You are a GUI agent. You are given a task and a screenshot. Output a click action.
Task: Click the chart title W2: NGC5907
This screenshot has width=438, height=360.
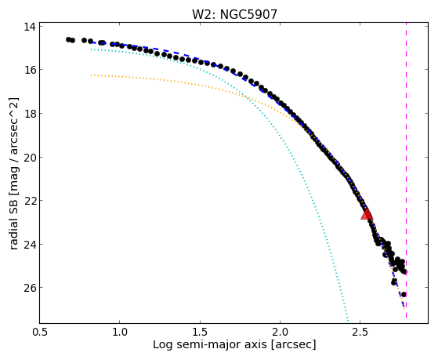[234, 15]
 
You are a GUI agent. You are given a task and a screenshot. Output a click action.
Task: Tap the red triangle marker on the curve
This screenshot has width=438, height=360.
[367, 213]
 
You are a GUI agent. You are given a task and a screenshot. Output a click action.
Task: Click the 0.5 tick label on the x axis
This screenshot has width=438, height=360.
[40, 333]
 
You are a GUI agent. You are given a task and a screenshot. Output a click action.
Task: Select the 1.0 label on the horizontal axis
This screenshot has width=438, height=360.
[120, 333]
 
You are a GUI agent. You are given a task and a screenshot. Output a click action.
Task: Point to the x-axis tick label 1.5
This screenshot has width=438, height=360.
[200, 333]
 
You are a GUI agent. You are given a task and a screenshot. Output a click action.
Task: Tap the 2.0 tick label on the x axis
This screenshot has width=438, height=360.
[281, 333]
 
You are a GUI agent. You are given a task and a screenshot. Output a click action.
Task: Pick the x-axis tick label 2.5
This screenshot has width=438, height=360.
[360, 333]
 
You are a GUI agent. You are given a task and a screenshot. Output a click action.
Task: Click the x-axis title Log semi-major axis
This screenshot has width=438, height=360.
[210, 345]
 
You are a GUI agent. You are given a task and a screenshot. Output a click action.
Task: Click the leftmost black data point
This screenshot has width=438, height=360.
[68, 39]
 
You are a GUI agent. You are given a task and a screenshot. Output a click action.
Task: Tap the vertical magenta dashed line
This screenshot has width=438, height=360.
[406, 170]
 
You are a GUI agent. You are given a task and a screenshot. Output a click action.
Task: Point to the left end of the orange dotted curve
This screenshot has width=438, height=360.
[91, 75]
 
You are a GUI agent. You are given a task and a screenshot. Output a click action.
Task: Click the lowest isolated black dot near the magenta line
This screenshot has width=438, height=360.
[404, 294]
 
